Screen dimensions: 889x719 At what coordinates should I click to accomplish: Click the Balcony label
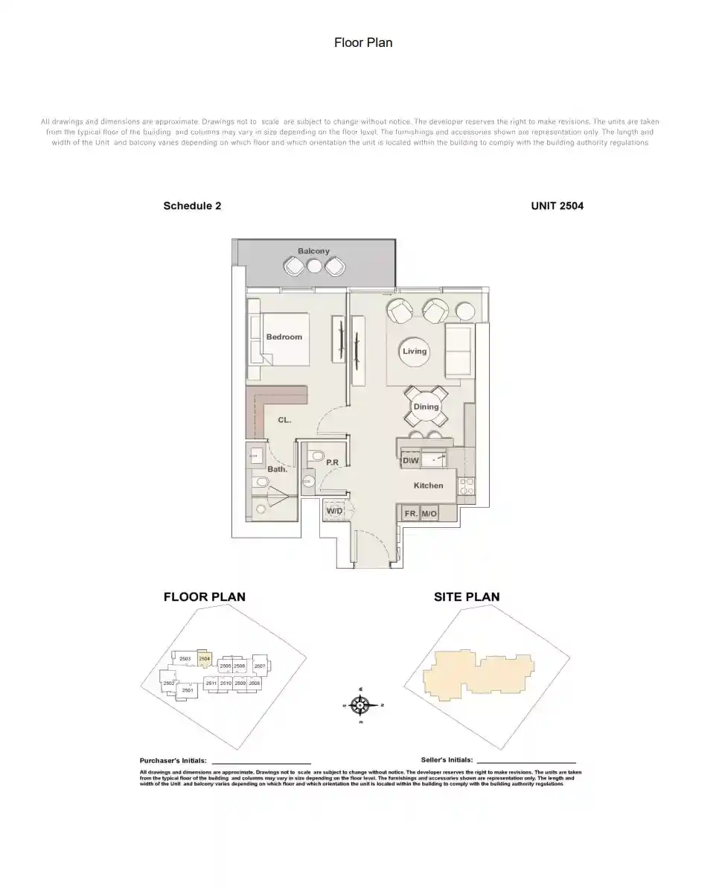coord(313,252)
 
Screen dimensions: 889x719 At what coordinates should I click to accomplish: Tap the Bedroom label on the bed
coord(284,337)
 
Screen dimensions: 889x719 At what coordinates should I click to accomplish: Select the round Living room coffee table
coord(415,351)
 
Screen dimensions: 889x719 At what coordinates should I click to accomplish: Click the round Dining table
coord(426,407)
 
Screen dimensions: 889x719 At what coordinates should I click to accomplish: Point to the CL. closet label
coord(284,421)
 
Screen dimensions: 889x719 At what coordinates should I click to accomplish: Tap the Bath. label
coord(277,470)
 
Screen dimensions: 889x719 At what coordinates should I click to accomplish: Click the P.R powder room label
coord(333,463)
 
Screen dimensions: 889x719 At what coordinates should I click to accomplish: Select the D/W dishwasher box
coord(410,461)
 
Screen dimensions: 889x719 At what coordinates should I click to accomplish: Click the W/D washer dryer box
coord(334,511)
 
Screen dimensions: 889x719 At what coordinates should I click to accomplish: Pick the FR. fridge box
coord(411,514)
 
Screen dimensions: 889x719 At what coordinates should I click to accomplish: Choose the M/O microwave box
coord(429,514)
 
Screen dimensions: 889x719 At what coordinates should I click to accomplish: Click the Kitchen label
coord(428,485)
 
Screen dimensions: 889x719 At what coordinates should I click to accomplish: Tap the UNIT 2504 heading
coord(557,206)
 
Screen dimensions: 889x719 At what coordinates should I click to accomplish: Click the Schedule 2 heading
coord(192,206)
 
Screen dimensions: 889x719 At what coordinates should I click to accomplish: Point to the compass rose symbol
coord(360,704)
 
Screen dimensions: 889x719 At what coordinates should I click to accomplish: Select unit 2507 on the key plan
coord(260,666)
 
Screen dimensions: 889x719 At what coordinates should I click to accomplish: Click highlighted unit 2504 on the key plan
coord(205,658)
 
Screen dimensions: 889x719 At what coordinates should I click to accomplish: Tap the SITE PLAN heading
coord(467,597)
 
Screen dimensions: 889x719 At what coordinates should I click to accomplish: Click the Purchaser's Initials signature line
coord(261,762)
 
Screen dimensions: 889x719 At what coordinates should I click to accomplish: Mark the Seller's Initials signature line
coord(525,762)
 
